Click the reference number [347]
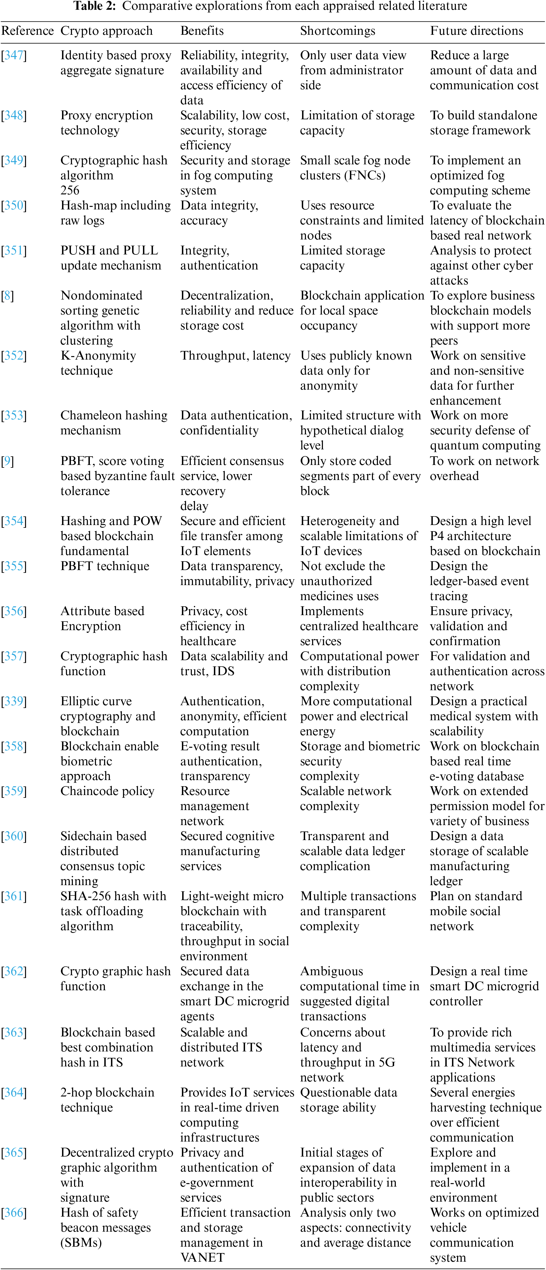point(14,55)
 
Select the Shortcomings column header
point(337,31)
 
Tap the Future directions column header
point(476,31)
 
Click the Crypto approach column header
point(107,31)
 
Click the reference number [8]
point(8,296)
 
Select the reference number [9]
point(8,461)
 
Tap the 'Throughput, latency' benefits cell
point(235,356)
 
